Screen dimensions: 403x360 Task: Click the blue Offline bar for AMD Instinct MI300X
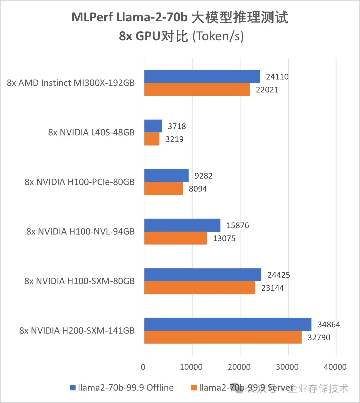coord(202,76)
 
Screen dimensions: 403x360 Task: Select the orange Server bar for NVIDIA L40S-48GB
coord(152,139)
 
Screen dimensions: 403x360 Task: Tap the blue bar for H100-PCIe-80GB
coord(166,175)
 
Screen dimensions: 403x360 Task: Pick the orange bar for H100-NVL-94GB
coord(175,238)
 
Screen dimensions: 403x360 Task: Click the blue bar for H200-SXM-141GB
coord(228,324)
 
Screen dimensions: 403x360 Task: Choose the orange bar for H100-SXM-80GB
coord(200,288)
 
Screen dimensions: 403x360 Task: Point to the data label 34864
coord(329,324)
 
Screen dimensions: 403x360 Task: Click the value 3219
coord(174,139)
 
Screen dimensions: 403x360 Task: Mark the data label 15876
coord(237,225)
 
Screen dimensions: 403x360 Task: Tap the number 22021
coord(267,90)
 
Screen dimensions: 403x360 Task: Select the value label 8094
coord(198,189)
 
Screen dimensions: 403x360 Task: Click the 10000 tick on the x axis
coord(191,367)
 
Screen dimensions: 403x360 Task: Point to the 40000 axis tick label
coord(335,367)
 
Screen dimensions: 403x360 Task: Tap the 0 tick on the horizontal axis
coord(143,367)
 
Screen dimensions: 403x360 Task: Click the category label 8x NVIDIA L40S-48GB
coord(91,132)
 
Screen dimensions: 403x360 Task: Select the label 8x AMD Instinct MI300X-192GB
coord(71,83)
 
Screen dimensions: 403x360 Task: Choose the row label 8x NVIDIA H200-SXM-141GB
coord(77,331)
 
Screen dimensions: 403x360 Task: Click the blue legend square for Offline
coord(73,388)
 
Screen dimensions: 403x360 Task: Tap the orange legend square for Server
coord(194,388)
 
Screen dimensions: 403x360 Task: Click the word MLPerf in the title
coord(92,17)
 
